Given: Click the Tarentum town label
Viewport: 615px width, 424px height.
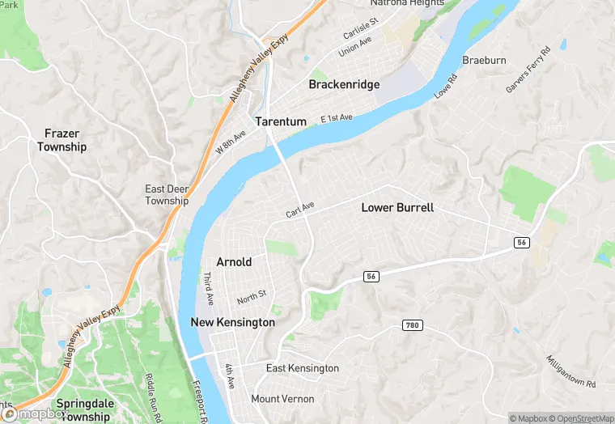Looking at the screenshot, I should coord(281,121).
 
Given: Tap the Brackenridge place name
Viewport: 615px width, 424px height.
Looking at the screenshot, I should coord(344,84).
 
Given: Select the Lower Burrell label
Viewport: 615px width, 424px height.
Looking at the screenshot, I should coord(397,207).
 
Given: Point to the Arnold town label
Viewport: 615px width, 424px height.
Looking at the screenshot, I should coord(234,261).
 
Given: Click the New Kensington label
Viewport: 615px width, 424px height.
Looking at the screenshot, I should coord(232,322).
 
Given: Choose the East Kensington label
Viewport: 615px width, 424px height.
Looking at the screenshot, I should coord(303,368).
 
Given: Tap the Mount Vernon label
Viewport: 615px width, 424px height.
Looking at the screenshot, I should coord(282,399).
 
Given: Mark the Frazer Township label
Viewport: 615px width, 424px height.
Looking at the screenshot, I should coord(61,140).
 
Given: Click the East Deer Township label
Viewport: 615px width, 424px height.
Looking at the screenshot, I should coord(167,195).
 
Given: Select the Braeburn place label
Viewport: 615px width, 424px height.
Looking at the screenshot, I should coord(484,61).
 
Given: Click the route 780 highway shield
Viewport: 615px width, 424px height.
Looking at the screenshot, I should coord(412,324).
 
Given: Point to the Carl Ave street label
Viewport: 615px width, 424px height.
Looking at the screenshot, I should coord(299,210).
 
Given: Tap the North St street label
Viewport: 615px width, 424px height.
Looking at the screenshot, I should coord(252,297).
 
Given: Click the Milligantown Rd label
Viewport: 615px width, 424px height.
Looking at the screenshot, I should coord(570,371).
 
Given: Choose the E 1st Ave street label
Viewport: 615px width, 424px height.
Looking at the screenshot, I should coord(337,118).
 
